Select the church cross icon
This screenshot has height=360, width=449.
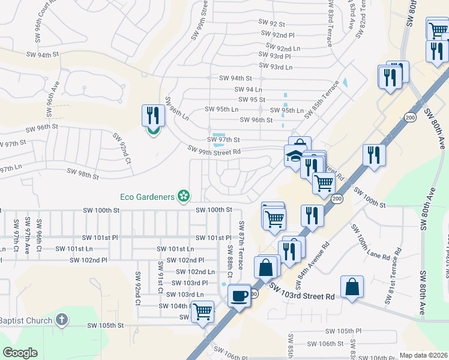pos(62,320)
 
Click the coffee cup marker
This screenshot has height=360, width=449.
pos(240,297)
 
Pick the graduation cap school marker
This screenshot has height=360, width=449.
pos(294,157)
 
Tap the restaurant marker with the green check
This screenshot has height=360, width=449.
pos(152,118)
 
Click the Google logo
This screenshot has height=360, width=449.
pos(20,352)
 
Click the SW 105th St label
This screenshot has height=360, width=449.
pos(105,325)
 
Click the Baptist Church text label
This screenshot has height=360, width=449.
pos(26,320)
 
